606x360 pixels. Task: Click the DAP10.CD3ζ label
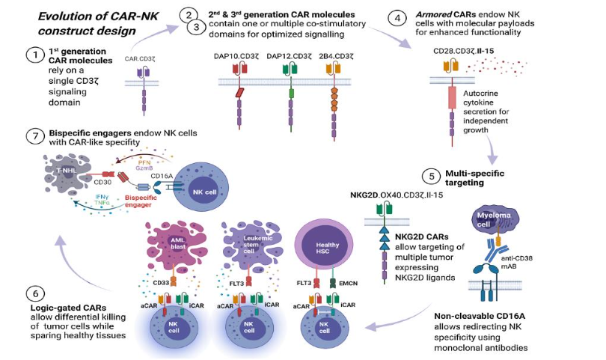click(x=237, y=55)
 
